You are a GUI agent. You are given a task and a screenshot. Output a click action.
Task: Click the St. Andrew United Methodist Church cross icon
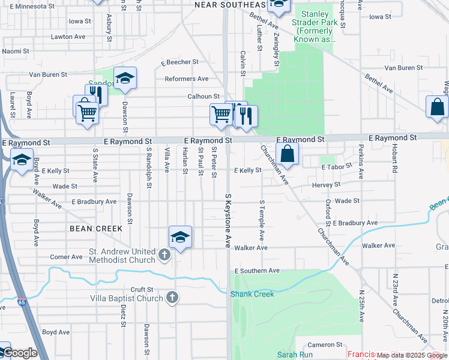click(x=164, y=256)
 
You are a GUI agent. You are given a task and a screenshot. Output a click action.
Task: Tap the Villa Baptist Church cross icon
click(x=172, y=298)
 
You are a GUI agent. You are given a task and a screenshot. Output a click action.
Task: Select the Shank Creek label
click(x=252, y=294)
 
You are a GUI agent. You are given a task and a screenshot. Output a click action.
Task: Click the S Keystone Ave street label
click(x=228, y=220)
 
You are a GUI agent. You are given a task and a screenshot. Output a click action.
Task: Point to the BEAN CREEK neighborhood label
click(x=96, y=229)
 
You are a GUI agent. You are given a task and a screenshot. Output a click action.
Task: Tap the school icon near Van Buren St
click(x=125, y=79)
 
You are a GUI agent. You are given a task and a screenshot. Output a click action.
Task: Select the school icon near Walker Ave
click(x=180, y=238)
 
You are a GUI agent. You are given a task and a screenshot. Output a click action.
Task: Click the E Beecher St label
click(x=179, y=62)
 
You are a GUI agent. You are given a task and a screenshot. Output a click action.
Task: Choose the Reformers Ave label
click(x=186, y=79)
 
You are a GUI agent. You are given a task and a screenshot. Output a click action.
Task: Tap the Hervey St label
click(x=326, y=185)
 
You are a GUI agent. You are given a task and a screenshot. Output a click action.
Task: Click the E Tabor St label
click(x=336, y=167)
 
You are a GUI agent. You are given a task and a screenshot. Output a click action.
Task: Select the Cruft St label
click(x=142, y=289)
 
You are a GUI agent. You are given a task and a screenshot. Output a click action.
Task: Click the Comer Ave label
click(x=66, y=257)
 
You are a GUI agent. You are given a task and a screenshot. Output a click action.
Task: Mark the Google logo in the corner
click(x=20, y=353)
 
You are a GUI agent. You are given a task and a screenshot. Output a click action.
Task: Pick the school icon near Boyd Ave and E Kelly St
click(x=22, y=160)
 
